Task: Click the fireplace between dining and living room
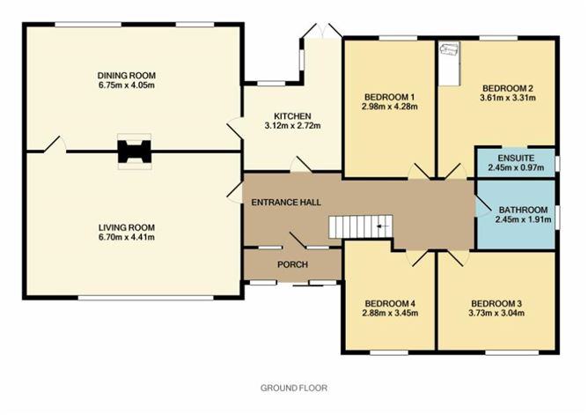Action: (134, 151)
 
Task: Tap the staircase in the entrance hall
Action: (361, 227)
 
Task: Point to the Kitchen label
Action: (291, 116)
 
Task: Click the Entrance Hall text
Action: (278, 202)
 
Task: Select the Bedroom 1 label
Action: (388, 96)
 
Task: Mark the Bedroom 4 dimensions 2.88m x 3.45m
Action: (389, 315)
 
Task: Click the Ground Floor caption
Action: (293, 388)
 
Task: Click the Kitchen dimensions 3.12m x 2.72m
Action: (291, 127)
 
